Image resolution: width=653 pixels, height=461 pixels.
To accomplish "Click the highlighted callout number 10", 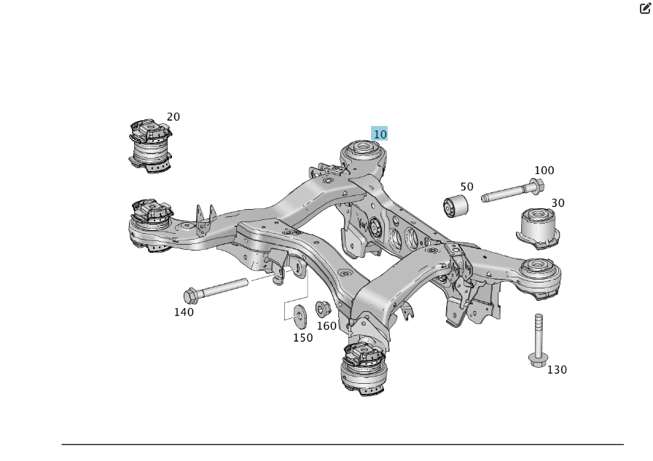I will coord(380,134).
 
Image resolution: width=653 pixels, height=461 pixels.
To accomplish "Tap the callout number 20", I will coord(173,117).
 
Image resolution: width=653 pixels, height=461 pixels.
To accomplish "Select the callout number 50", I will coord(466,186).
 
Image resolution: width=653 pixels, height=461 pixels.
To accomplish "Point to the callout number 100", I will coord(544,170).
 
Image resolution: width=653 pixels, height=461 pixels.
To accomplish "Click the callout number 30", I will coord(558,202).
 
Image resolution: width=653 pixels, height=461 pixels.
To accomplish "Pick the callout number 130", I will coord(557,369).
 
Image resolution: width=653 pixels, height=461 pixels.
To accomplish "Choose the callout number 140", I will coord(184,312).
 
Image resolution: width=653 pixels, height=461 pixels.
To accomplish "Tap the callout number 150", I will coord(302,337).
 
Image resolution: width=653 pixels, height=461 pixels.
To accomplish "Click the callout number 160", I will coord(326,326).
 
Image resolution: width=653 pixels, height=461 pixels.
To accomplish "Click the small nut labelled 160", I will coord(322,309).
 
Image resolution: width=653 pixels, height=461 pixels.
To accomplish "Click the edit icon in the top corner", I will coord(645,9).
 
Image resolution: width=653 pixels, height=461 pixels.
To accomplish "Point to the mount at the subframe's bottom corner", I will coord(364,369).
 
